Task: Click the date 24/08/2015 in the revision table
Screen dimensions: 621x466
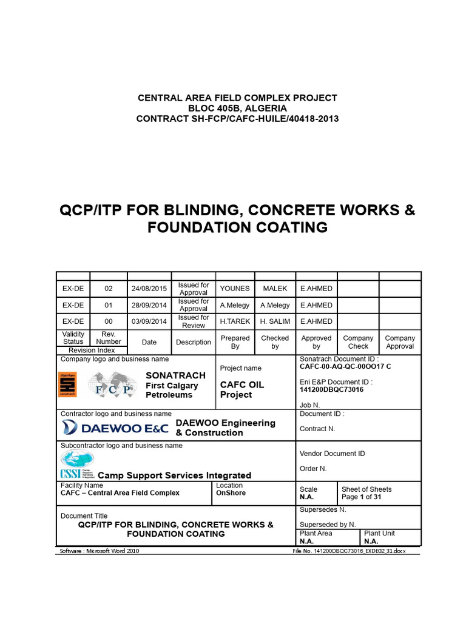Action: pos(149,289)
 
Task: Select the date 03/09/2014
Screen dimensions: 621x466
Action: pos(149,321)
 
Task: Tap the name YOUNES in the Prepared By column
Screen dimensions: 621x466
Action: pos(235,289)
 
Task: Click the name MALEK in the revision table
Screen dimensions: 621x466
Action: pos(275,289)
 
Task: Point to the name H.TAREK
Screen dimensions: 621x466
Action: pos(235,321)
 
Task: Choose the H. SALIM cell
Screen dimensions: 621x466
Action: pos(275,321)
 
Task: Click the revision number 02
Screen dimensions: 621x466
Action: pos(109,289)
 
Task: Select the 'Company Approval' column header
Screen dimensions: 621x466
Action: pos(400,342)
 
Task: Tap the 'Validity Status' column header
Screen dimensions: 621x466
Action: pos(73,338)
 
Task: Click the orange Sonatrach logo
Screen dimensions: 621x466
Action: pos(67,384)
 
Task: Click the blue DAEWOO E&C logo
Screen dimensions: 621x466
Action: pos(116,428)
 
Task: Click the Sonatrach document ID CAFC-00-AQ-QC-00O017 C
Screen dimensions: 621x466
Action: pos(345,367)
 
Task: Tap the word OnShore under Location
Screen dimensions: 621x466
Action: pos(231,493)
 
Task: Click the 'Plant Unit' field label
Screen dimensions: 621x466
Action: pos(379,533)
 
